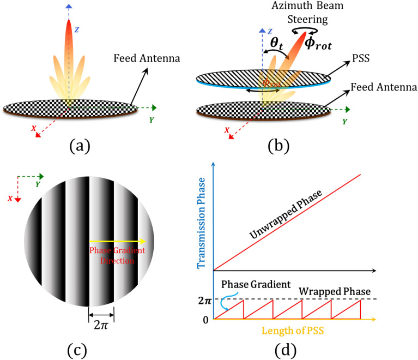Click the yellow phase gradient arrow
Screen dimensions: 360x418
coord(117,241)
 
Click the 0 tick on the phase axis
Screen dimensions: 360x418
coord(205,319)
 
